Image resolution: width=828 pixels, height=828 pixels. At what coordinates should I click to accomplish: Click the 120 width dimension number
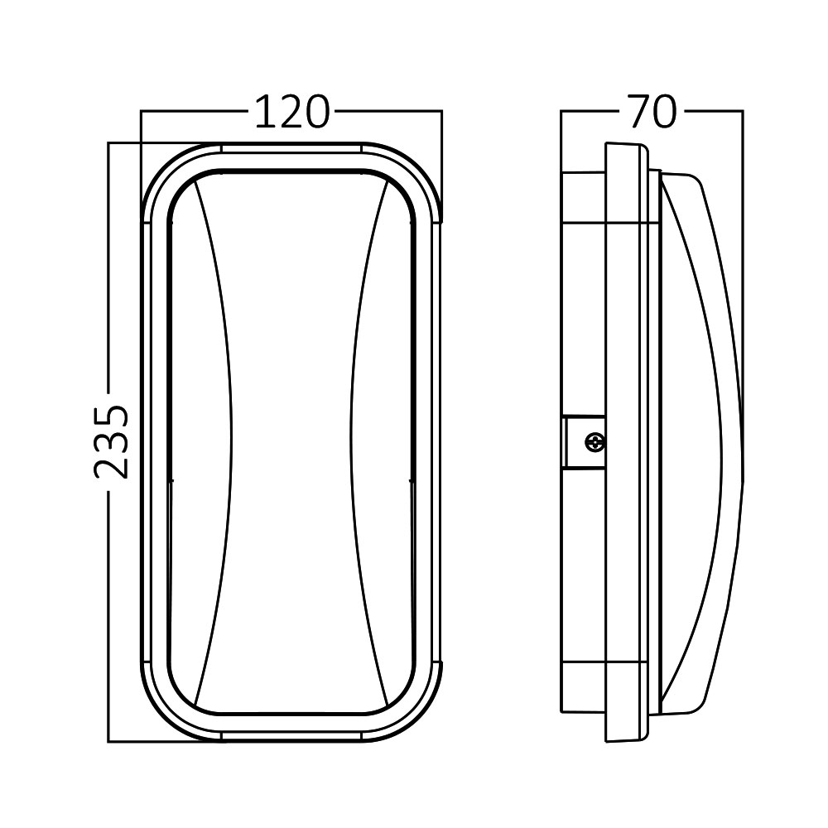point(292,113)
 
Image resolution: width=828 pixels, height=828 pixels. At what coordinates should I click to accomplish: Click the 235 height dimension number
point(112,442)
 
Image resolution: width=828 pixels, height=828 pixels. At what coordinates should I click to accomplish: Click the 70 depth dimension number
point(652,113)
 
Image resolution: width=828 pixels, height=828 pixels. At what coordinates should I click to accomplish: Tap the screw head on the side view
point(595,441)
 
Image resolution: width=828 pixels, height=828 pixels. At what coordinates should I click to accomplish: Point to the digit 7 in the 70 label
point(639,113)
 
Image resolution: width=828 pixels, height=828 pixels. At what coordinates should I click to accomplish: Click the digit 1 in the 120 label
point(264,113)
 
